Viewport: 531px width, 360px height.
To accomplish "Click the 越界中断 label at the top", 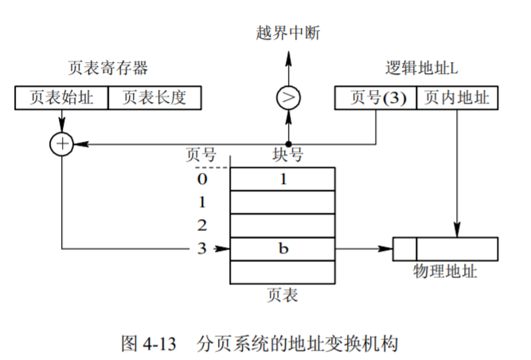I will pyautogui.click(x=288, y=33).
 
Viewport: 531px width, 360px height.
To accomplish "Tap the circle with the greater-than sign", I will pyautogui.click(x=288, y=98).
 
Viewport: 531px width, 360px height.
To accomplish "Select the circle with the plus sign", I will pyautogui.click(x=61, y=143).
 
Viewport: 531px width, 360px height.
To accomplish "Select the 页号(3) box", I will pyautogui.click(x=375, y=98).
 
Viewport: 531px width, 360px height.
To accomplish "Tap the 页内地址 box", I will pyautogui.click(x=457, y=98).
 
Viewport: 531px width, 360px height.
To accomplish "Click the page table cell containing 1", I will pyautogui.click(x=283, y=179).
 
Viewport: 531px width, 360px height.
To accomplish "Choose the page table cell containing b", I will pyautogui.click(x=283, y=248).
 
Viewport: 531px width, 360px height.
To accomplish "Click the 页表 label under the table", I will pyautogui.click(x=282, y=295).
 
